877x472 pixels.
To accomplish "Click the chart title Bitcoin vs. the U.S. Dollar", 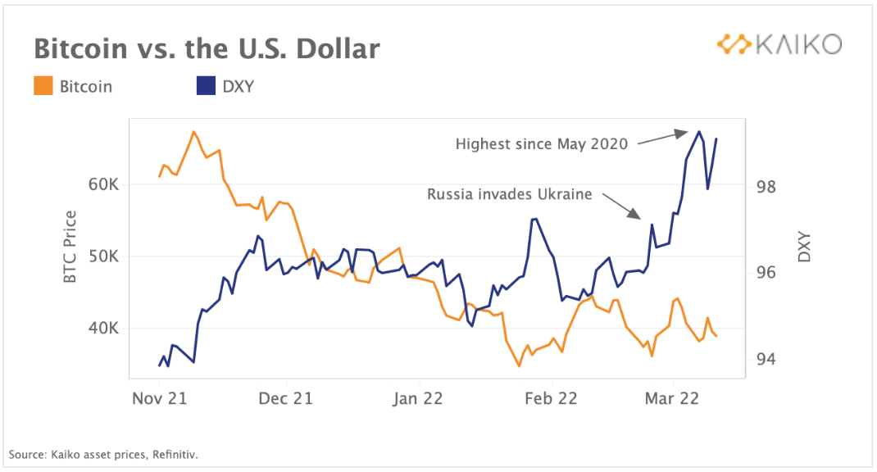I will pyautogui.click(x=207, y=49).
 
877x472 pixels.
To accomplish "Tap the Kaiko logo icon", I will pyautogui.click(x=734, y=44).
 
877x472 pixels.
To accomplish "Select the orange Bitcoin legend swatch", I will pyautogui.click(x=43, y=86).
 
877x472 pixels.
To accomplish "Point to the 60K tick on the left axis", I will pyautogui.click(x=104, y=184).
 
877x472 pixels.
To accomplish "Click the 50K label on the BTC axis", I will pyautogui.click(x=104, y=256).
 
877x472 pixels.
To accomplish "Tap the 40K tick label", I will pyautogui.click(x=104, y=329).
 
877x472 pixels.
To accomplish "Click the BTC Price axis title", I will pyautogui.click(x=70, y=247).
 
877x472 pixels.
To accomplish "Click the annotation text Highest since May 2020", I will pyautogui.click(x=542, y=144).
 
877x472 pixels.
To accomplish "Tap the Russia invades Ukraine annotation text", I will pyautogui.click(x=509, y=195).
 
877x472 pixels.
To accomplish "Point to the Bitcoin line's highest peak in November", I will pyautogui.click(x=194, y=131).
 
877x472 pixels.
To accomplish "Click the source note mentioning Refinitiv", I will pyautogui.click(x=104, y=453).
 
